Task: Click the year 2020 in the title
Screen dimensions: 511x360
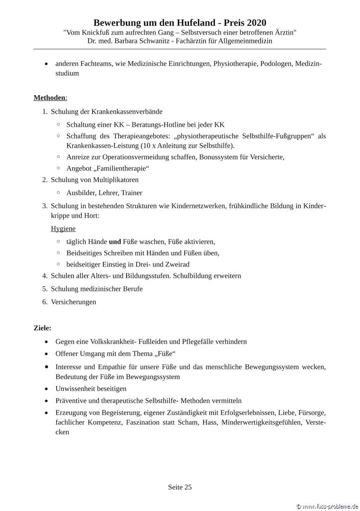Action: click(254, 22)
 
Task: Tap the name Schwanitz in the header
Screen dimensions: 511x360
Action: click(172, 40)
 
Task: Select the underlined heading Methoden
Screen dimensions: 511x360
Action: click(49, 97)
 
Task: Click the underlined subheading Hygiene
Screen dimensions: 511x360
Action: click(63, 229)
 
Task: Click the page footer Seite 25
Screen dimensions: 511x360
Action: click(180, 487)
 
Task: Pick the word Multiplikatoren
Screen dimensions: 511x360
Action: click(116, 180)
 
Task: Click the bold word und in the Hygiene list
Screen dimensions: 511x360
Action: click(115, 242)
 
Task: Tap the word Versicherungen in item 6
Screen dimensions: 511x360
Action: click(73, 301)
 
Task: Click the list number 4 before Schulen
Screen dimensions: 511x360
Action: click(44, 275)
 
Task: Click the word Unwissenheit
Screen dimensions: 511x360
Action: click(77, 388)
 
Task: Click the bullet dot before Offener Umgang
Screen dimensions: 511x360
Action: click(46, 354)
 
